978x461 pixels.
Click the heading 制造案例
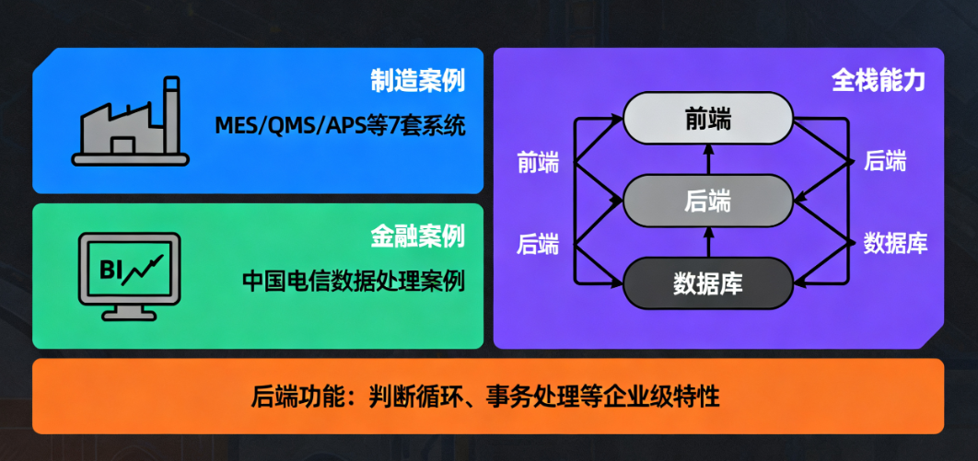coord(417,81)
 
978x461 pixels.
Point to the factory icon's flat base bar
coord(130,159)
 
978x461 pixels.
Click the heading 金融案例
coord(417,236)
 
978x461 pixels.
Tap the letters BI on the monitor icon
coord(110,271)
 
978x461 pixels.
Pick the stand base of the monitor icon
coord(129,316)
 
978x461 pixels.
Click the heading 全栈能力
coord(879,80)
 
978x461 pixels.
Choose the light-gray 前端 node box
coord(708,119)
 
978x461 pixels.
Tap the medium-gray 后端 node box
coord(708,201)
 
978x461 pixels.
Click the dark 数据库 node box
coord(708,282)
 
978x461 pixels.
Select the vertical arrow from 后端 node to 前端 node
coord(708,160)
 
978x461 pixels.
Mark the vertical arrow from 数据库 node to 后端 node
coord(708,242)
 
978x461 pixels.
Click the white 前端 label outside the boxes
coord(539,163)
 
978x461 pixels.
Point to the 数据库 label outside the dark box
coord(896,243)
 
